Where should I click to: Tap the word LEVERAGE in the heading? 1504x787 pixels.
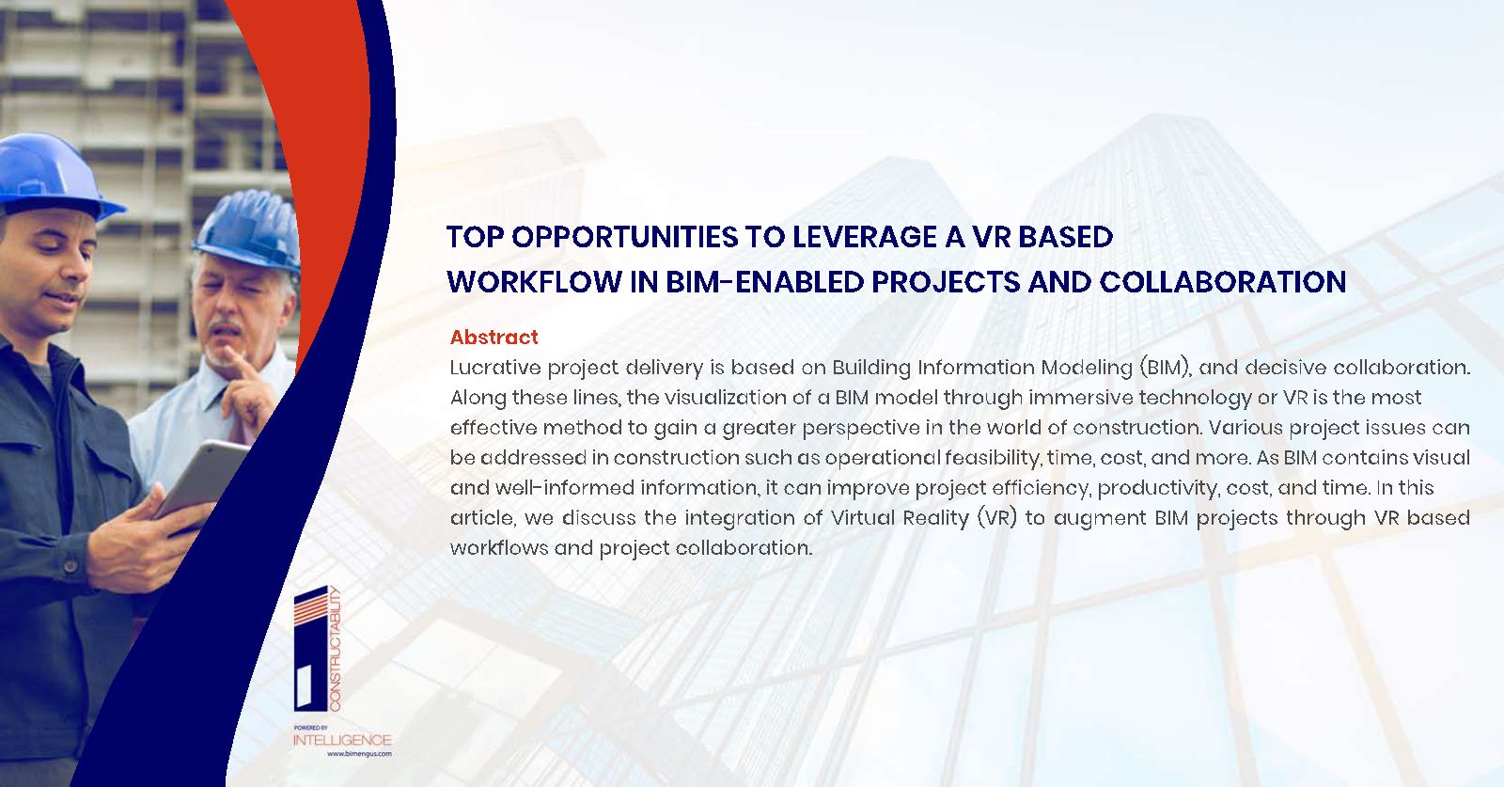pos(865,237)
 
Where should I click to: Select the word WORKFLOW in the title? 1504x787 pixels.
pos(535,282)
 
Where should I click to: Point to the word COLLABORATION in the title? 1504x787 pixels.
pos(1223,282)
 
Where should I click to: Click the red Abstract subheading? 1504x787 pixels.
pos(494,338)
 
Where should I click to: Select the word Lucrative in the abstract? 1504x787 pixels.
pos(495,368)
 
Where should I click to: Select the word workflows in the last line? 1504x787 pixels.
pos(499,548)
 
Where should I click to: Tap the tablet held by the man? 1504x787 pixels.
pos(202,478)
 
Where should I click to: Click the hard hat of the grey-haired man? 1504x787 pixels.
pos(248,231)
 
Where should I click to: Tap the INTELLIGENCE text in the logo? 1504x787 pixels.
pos(342,740)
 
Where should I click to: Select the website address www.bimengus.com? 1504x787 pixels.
pos(359,754)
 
